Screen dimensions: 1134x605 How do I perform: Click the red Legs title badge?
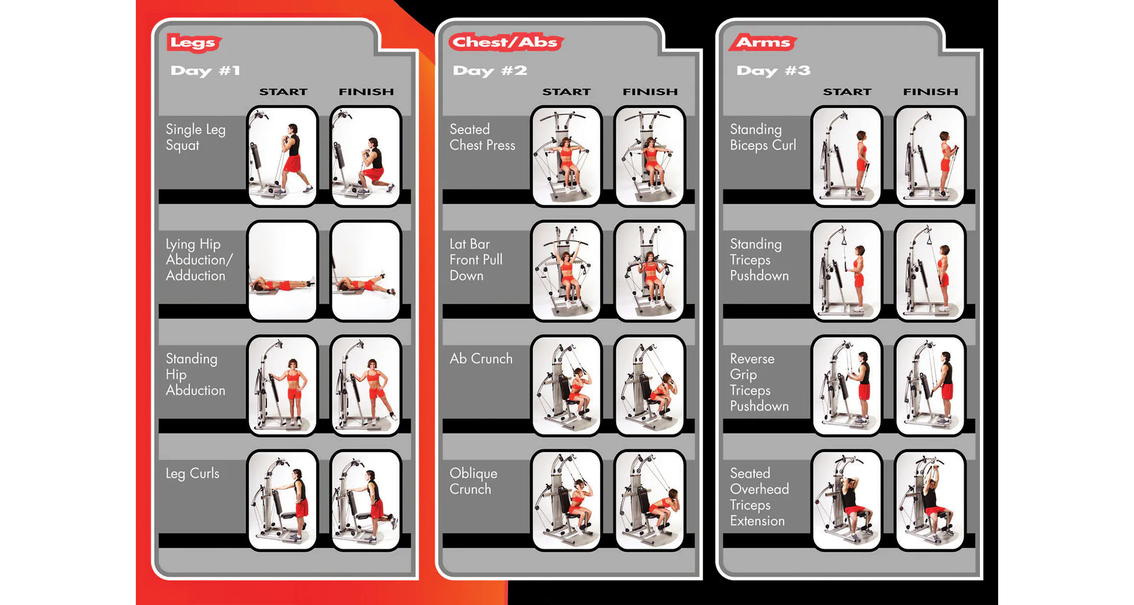tap(194, 43)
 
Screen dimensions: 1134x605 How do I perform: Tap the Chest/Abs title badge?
tap(506, 42)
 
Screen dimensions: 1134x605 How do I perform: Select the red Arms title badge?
tap(763, 42)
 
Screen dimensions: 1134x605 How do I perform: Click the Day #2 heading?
tap(490, 71)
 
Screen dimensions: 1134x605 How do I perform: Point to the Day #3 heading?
tap(773, 71)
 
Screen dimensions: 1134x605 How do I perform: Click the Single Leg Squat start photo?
tap(282, 157)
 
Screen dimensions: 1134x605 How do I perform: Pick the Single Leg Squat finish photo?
tap(366, 157)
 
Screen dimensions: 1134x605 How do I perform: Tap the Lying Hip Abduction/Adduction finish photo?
tap(366, 271)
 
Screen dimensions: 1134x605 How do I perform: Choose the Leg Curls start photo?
tap(282, 500)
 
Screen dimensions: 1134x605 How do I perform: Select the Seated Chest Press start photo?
tap(566, 157)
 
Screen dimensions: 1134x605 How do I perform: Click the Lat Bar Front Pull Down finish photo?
tap(650, 271)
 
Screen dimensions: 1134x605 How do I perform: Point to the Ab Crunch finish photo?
tap(650, 386)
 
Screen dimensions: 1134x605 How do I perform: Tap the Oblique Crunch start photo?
tap(566, 500)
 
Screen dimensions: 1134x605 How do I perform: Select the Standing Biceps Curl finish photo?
tap(930, 157)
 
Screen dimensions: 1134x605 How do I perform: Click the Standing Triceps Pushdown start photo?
tap(847, 271)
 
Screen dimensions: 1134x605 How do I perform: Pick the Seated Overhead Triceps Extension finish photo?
tap(930, 500)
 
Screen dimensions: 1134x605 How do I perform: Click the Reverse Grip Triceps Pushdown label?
tap(759, 382)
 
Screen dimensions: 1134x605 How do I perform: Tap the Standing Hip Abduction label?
tap(195, 375)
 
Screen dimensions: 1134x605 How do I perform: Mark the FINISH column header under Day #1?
tap(366, 92)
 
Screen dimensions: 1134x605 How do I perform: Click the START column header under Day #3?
tap(847, 92)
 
